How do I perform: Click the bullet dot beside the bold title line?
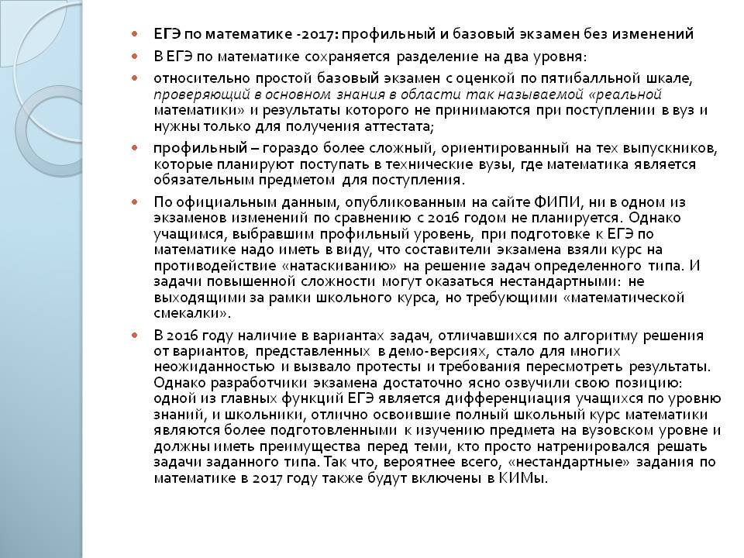click(134, 35)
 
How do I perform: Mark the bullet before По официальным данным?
click(134, 201)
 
